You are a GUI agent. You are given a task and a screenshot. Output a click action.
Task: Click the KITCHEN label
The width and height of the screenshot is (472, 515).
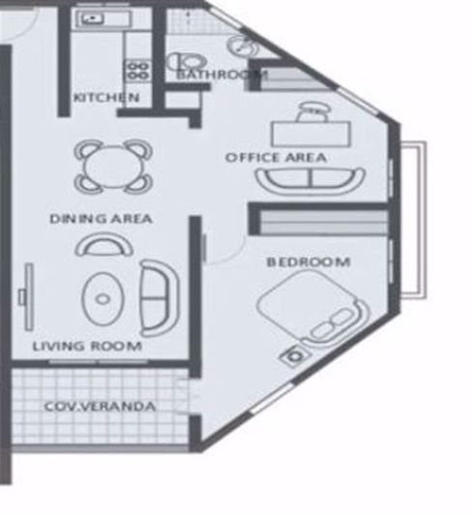107,98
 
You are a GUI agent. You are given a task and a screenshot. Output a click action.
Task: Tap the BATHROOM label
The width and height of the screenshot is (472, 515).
221,75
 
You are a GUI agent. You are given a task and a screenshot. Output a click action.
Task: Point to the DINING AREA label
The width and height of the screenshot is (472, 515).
101,219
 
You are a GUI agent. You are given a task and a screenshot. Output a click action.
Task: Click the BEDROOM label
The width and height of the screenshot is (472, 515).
308,262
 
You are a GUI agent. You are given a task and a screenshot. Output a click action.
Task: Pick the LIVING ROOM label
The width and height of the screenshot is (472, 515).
87,346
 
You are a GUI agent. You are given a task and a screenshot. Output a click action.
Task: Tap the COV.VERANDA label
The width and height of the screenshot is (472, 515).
100,406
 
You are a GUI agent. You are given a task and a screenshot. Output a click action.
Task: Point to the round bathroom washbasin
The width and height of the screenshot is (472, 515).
239,45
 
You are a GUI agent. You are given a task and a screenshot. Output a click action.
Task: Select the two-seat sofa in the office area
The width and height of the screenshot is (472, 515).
310,180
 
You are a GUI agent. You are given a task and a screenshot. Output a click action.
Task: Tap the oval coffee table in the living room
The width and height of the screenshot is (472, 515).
103,298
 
